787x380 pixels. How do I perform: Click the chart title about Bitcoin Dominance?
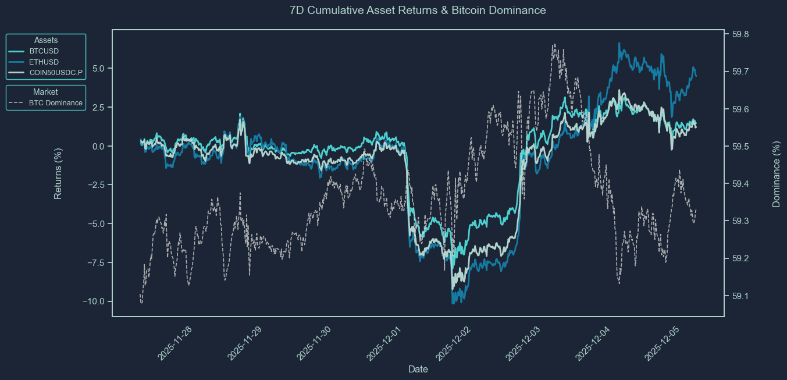point(418,10)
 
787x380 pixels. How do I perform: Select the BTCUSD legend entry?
point(44,51)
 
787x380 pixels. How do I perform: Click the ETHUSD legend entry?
point(44,62)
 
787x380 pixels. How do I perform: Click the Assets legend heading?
point(46,40)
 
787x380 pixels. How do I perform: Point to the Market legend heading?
point(45,92)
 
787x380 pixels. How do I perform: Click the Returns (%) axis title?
point(58,173)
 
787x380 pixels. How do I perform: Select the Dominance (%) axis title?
point(776,173)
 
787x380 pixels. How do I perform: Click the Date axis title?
point(418,369)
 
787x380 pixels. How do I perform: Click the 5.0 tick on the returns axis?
point(97,69)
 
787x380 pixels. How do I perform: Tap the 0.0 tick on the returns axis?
point(97,146)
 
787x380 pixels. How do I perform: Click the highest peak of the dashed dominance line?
point(554,44)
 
